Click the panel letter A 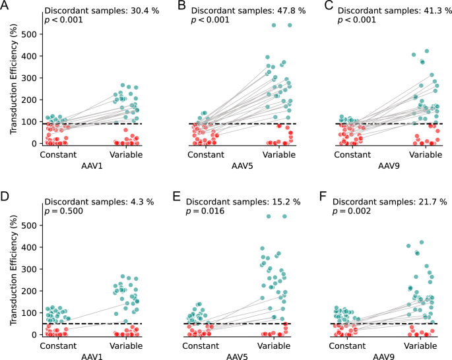pos(5,7)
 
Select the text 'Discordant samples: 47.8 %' pos(245,11)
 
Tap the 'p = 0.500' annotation pos(65,211)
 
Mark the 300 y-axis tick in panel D pos(28,270)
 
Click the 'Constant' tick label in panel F pos(348,344)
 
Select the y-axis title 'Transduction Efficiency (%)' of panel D pos(14,272)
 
